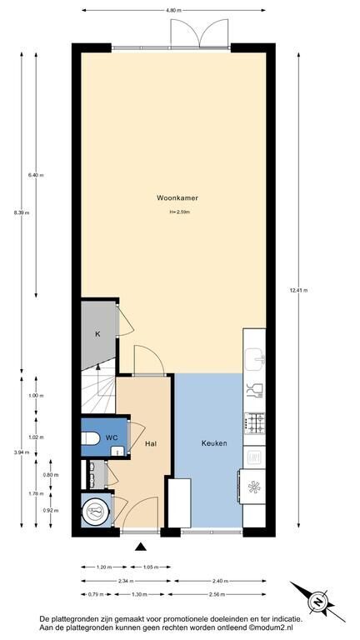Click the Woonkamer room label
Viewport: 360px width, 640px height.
[177, 198]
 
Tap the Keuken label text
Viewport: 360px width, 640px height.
[214, 442]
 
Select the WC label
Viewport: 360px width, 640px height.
[112, 437]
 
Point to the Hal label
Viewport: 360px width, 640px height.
[151, 443]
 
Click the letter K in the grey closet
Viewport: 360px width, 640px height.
[97, 335]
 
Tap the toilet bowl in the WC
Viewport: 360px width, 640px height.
[90, 438]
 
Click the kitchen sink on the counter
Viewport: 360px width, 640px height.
[255, 358]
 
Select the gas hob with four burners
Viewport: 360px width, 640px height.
[255, 422]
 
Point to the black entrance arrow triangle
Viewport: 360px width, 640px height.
[141, 547]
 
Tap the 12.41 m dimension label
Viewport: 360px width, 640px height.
[298, 291]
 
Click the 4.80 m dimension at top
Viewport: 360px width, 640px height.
[173, 10]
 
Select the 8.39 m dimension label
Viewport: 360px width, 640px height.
[21, 212]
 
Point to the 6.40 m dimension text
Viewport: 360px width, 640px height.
[36, 175]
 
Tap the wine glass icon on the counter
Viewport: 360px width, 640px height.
[254, 391]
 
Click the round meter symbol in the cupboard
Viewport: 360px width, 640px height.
[96, 512]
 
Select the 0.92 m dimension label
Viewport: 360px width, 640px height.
[51, 511]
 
